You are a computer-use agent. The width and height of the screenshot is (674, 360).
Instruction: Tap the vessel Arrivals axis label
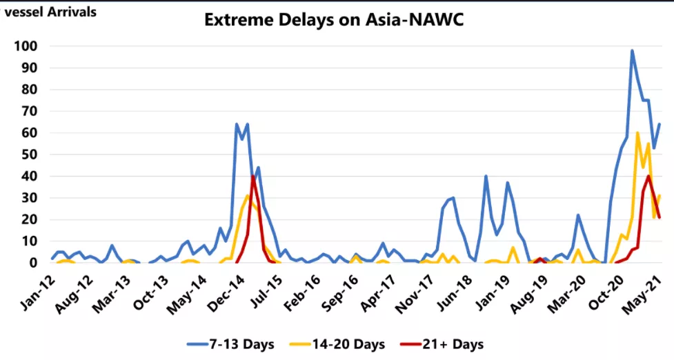(50, 12)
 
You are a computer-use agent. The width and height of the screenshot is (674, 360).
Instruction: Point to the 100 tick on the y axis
(28, 46)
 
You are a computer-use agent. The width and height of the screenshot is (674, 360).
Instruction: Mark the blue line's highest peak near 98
(632, 50)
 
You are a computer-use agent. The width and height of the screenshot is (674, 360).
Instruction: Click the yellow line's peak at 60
(637, 133)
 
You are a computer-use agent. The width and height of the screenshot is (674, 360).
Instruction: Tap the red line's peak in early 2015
(253, 177)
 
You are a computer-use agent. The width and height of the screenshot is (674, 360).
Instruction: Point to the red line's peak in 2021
(649, 177)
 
